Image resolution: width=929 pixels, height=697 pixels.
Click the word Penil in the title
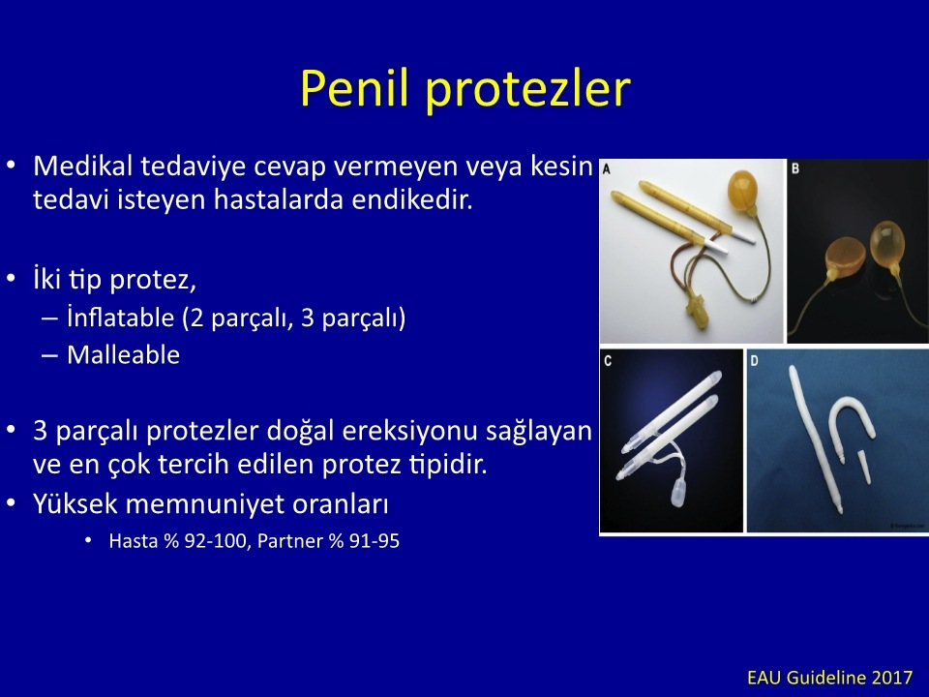tap(354, 88)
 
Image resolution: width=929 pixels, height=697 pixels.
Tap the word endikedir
tap(412, 199)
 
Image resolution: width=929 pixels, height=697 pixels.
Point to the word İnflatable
tap(120, 318)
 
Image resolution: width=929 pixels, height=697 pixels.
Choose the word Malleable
tap(123, 355)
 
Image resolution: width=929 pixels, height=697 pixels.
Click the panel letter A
tap(607, 169)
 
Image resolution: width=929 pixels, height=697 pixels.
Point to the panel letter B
tap(795, 168)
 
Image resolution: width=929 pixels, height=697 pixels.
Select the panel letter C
tap(608, 361)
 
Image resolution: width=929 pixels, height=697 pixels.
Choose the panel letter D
tap(754, 360)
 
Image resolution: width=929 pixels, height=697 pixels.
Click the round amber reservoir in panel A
tap(743, 191)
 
